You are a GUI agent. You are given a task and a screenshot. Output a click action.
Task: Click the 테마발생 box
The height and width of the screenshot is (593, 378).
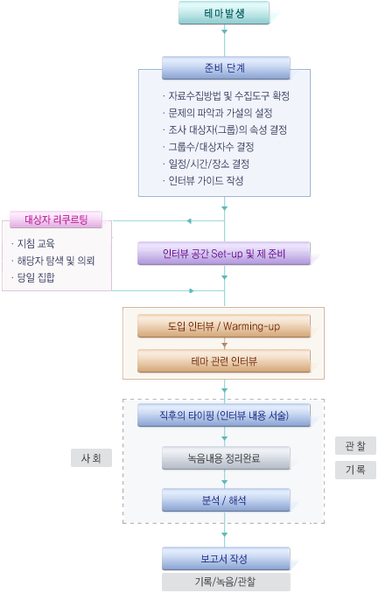(224, 13)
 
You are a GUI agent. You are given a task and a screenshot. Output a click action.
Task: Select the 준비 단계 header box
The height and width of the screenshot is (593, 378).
(226, 68)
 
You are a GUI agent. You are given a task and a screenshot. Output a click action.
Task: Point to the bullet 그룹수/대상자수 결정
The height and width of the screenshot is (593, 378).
(208, 147)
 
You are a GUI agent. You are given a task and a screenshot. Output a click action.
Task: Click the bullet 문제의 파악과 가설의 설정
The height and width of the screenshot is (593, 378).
(218, 113)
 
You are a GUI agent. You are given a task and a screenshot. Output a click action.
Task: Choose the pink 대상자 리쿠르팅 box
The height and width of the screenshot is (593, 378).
(56, 220)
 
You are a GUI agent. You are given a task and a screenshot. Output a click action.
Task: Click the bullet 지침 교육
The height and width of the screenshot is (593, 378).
(33, 243)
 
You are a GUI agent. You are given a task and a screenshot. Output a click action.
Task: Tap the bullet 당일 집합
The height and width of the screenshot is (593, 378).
(33, 277)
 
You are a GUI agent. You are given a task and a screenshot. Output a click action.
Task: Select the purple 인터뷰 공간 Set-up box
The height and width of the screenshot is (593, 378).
(224, 254)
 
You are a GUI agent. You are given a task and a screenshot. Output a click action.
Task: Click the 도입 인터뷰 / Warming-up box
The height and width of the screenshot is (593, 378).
(224, 326)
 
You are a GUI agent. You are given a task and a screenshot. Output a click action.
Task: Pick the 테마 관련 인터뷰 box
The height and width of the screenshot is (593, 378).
(224, 361)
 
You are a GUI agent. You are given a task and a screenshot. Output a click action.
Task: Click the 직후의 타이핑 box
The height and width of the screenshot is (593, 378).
(224, 415)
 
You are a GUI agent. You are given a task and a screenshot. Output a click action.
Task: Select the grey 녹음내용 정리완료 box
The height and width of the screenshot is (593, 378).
(226, 458)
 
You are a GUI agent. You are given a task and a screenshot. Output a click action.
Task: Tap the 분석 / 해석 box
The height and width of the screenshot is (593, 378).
(226, 500)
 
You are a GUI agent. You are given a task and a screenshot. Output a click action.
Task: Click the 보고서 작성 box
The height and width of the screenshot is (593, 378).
(226, 559)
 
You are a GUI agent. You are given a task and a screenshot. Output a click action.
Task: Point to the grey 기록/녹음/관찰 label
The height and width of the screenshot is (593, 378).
(226, 582)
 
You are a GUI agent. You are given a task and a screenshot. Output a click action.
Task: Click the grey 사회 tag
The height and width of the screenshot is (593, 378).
(91, 458)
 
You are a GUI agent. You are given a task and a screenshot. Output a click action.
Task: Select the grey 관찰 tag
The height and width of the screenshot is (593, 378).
(355, 445)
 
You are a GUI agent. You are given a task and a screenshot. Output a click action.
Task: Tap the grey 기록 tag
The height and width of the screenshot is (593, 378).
(355, 470)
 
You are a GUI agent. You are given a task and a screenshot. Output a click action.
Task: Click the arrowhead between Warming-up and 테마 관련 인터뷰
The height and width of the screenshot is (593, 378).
(224, 345)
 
